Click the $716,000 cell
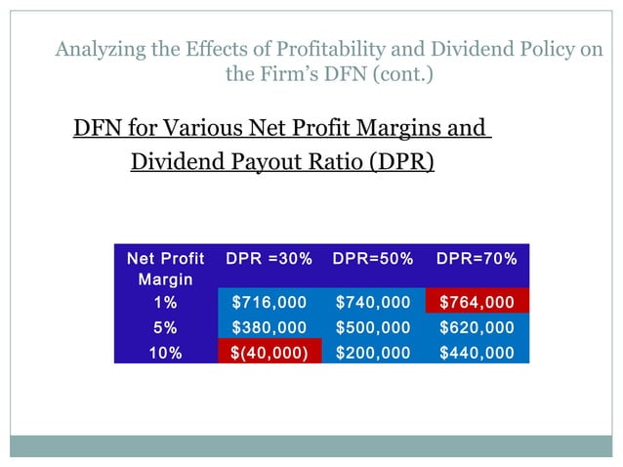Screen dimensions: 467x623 pos(269,303)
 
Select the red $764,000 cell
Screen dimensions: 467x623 pos(477,303)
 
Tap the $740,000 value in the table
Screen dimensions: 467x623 pos(373,303)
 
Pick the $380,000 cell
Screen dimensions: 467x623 pos(269,328)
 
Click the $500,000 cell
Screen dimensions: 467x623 pos(373,328)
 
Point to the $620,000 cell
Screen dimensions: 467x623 pos(477,328)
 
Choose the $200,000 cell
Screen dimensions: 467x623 pos(373,353)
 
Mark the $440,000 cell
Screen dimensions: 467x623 pos(477,353)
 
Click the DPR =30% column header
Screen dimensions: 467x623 pos(269,259)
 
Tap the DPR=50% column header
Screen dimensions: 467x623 pos(373,259)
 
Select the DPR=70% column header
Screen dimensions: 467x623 pos(477,259)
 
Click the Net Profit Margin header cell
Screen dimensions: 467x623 pos(165,269)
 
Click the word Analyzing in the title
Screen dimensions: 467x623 pos(98,49)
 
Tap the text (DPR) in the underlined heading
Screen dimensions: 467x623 pos(401,161)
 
